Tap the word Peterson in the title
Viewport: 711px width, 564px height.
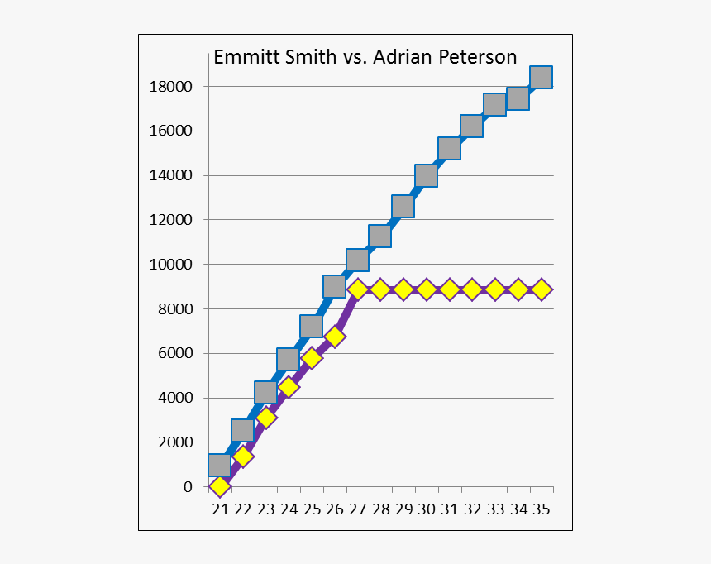[x=479, y=58]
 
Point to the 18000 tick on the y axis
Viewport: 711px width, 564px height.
[x=170, y=87]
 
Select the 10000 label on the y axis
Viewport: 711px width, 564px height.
[x=170, y=265]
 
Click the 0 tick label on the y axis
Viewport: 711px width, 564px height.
[x=188, y=487]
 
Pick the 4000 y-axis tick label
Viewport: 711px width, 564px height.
[x=174, y=398]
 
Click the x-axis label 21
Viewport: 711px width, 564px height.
[x=220, y=509]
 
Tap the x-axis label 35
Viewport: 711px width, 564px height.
[x=542, y=509]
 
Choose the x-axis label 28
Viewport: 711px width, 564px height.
[x=380, y=509]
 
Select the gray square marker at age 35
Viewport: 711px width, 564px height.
[x=541, y=77]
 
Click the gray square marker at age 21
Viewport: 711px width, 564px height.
[x=219, y=465]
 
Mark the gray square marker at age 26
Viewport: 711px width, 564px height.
[x=334, y=286]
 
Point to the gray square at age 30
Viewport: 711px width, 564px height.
[x=426, y=175]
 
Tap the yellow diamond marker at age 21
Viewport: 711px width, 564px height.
[x=219, y=486]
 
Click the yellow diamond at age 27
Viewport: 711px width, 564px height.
[x=357, y=289]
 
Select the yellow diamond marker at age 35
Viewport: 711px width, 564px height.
[x=541, y=289]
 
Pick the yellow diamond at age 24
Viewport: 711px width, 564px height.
[x=289, y=386]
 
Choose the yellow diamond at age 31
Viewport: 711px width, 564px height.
[x=449, y=289]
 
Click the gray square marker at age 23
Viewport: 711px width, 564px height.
[x=265, y=392]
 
